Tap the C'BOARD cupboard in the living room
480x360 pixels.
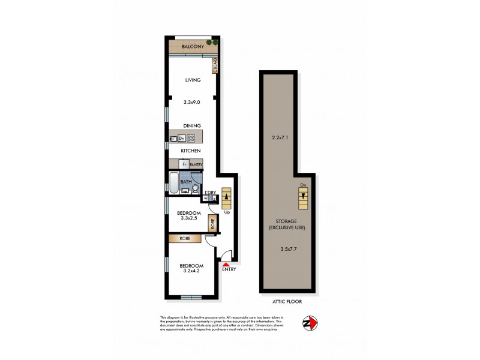[214, 65]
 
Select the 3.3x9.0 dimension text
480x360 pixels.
[192, 103]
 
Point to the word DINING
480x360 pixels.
[192, 125]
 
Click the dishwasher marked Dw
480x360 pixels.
[182, 139]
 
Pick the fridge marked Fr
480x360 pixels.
[184, 164]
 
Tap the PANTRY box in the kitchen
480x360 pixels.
[196, 164]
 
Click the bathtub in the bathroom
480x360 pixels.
[173, 183]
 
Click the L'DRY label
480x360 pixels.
[211, 192]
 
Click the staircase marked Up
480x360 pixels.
[226, 197]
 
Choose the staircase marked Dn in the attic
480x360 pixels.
[304, 197]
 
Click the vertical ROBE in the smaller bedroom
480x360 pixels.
[212, 223]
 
